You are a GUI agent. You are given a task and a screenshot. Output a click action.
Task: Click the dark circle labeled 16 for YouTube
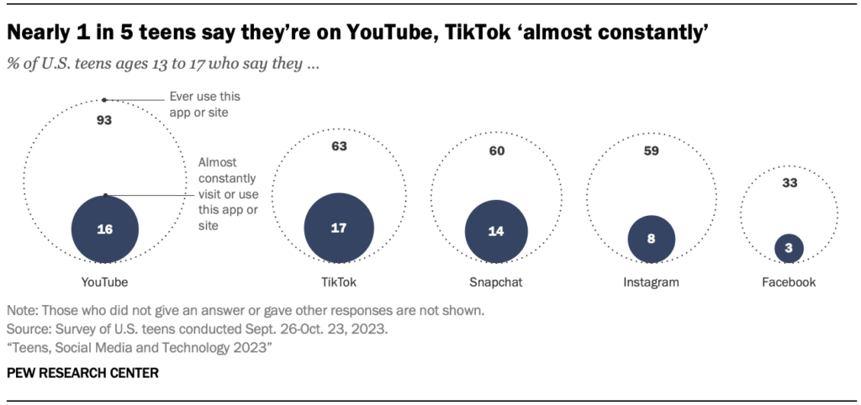tap(105, 229)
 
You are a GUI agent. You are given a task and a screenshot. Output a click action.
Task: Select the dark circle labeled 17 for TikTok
tap(339, 229)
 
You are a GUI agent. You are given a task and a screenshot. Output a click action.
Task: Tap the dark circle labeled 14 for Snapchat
tap(496, 232)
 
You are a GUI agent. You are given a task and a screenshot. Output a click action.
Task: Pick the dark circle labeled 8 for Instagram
tap(651, 239)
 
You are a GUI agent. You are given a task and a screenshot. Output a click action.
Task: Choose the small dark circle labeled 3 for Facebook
tap(789, 248)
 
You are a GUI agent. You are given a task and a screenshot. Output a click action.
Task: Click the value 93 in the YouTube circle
tap(104, 120)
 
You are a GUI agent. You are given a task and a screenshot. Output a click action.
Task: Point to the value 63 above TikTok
tap(339, 147)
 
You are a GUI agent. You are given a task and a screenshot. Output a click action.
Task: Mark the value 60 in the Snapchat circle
tap(496, 151)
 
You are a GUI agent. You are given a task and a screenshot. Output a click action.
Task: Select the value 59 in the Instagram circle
tap(651, 151)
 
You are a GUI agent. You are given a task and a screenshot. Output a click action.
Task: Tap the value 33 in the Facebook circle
tap(789, 182)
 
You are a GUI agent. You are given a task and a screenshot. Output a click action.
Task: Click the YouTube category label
tap(105, 282)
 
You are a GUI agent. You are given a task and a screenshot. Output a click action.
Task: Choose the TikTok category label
tap(339, 282)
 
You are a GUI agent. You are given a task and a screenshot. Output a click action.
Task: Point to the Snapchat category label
tap(496, 282)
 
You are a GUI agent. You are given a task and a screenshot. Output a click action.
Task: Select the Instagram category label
tap(651, 282)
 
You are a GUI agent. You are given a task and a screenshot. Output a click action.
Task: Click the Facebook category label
tap(789, 282)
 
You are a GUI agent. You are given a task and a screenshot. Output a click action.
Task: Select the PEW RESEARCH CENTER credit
tap(82, 371)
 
